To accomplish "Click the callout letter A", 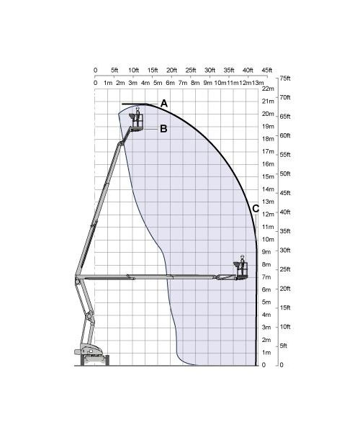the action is click(164, 104).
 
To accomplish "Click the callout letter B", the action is click(163, 129).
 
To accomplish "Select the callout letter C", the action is click(256, 209).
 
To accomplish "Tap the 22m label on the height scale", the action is click(269, 89).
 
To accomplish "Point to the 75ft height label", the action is click(285, 78).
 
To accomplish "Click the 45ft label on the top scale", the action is click(267, 71).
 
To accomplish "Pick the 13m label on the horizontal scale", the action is click(258, 83).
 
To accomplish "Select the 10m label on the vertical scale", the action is click(268, 239).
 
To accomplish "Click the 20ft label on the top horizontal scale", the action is click(171, 71).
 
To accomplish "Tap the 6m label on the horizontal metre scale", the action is click(170, 83).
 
